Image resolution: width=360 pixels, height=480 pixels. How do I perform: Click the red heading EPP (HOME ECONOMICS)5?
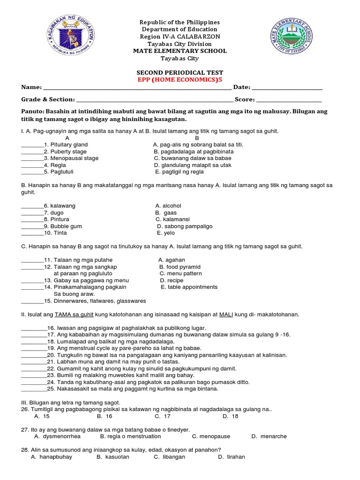tap(180, 80)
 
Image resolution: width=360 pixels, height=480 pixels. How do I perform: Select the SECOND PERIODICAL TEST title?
tap(180, 73)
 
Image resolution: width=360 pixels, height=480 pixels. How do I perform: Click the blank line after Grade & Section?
tap(154, 100)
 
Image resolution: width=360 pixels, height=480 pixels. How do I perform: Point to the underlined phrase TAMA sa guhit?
tap(74, 315)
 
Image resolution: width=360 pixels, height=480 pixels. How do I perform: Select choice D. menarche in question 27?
tap(269, 436)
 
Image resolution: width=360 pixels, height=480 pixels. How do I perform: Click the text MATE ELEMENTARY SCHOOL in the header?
tap(180, 51)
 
